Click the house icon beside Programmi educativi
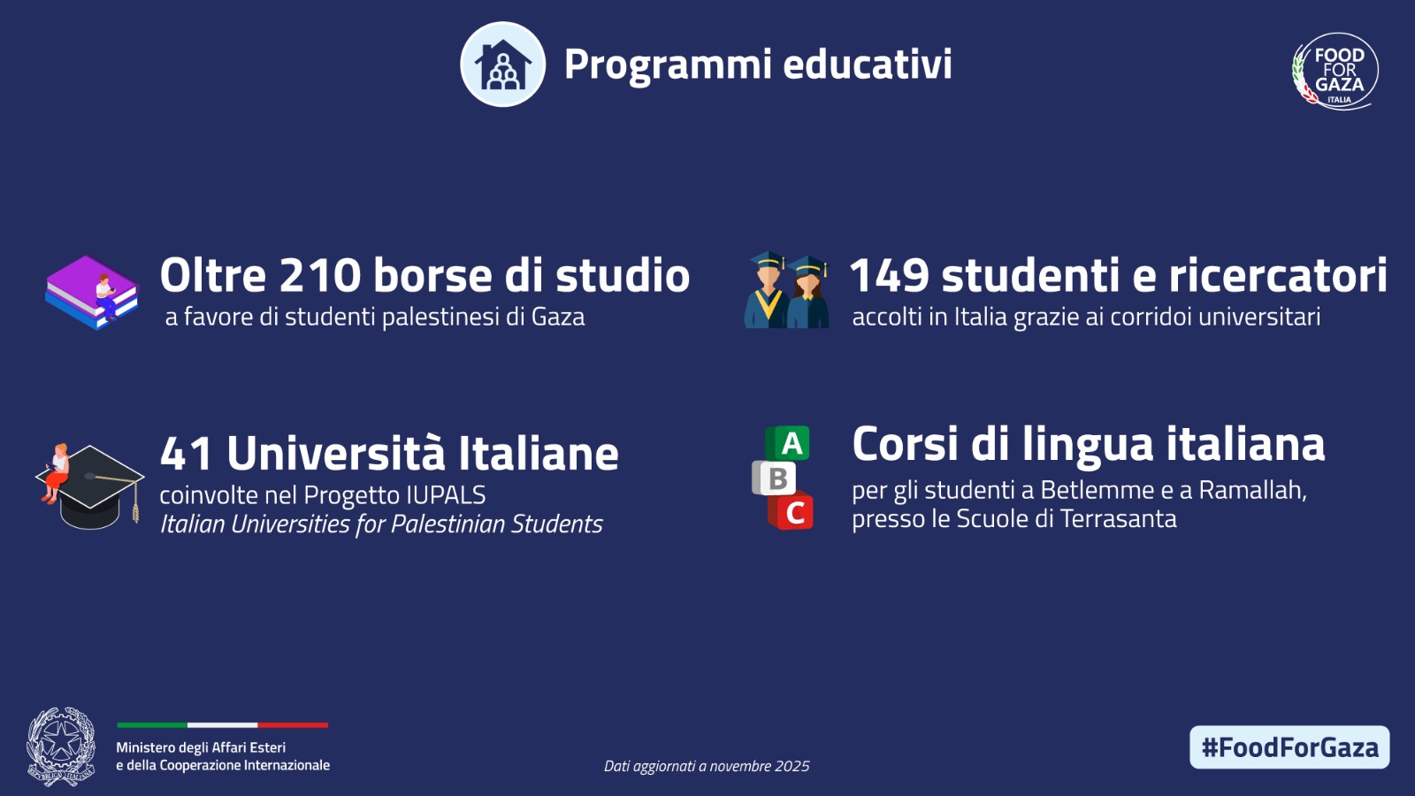pyautogui.click(x=503, y=65)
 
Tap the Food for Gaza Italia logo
pyautogui.click(x=1335, y=72)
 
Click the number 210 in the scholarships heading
pyautogui.click(x=319, y=275)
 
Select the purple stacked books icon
pyautogui.click(x=92, y=293)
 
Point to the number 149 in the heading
pyautogui.click(x=890, y=275)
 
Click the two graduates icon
pyautogui.click(x=787, y=290)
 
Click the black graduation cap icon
pyautogui.click(x=90, y=486)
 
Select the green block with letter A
pyautogui.click(x=788, y=443)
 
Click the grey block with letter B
pyautogui.click(x=774, y=478)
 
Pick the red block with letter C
pyautogui.click(x=791, y=511)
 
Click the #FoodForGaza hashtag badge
pyautogui.click(x=1289, y=747)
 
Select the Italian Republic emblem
pyautogui.click(x=61, y=746)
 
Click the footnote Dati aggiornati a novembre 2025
pyautogui.click(x=707, y=766)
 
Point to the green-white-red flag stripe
pyautogui.click(x=222, y=725)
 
